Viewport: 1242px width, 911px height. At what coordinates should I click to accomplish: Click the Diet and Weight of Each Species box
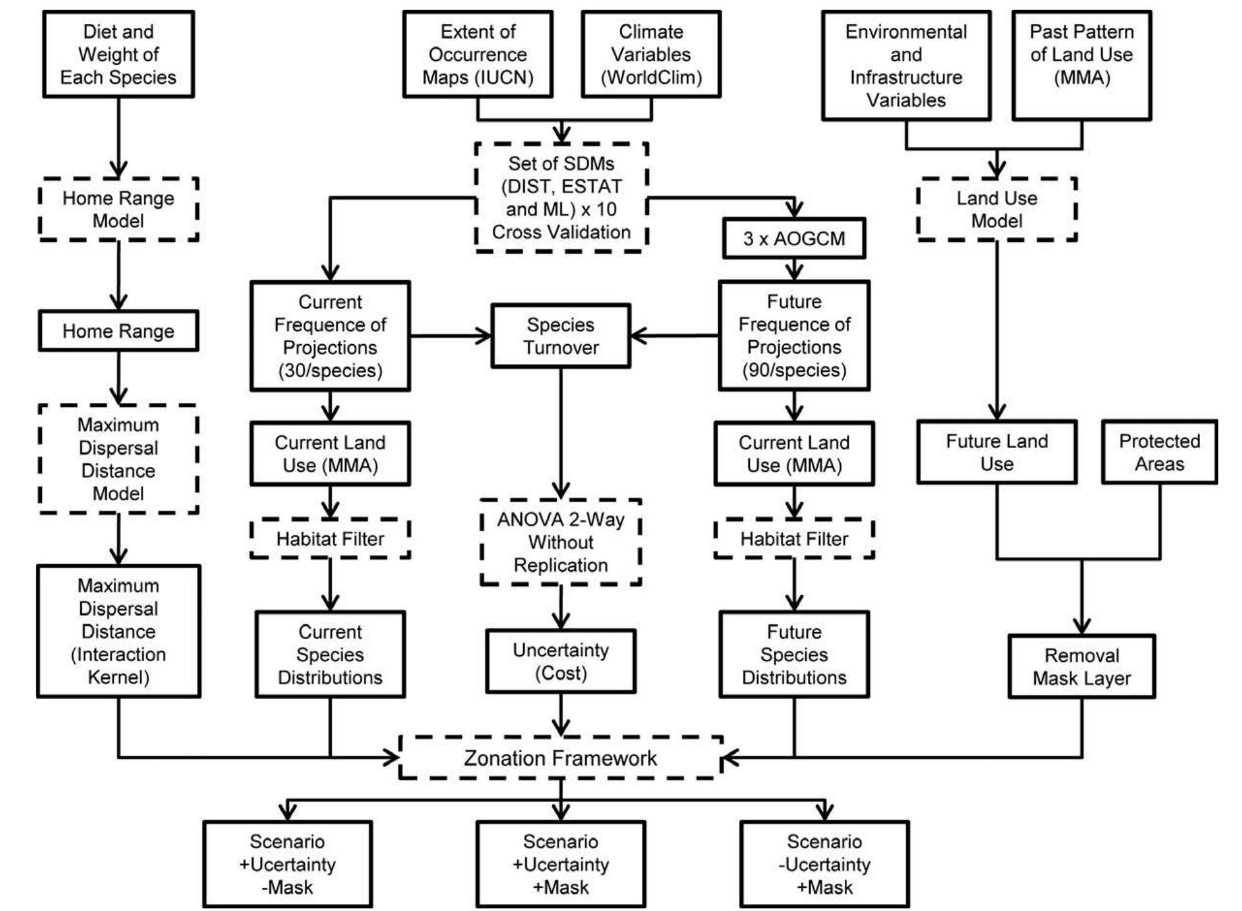click(x=118, y=54)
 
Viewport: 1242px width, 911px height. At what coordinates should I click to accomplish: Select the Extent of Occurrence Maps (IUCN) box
click(x=478, y=54)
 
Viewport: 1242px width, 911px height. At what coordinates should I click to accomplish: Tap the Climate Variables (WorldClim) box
click(x=651, y=54)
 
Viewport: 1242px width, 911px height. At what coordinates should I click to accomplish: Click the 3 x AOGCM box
click(x=794, y=239)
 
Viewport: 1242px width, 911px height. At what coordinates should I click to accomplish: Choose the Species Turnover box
click(x=561, y=336)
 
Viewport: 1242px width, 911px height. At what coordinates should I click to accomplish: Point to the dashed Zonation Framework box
click(x=560, y=757)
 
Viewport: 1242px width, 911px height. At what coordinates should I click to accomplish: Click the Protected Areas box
click(x=1159, y=452)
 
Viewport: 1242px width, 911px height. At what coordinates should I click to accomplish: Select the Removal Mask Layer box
click(x=1082, y=666)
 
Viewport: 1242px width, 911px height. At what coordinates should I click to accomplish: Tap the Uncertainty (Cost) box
click(x=561, y=661)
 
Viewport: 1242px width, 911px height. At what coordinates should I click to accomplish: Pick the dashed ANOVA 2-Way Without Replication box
click(x=561, y=542)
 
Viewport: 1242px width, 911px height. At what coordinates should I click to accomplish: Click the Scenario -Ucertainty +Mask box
click(x=824, y=864)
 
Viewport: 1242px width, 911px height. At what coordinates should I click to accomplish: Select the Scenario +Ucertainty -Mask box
click(x=287, y=864)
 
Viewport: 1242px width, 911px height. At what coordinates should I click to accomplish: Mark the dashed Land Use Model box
click(x=997, y=209)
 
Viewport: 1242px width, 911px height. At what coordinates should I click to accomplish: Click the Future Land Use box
click(x=997, y=452)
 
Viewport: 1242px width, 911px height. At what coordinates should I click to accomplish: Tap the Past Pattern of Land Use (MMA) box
click(x=1081, y=65)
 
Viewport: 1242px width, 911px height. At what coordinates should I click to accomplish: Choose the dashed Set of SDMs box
click(x=561, y=198)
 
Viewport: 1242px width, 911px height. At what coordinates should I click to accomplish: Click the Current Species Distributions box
click(x=330, y=654)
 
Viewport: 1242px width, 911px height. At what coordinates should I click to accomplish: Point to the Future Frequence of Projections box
click(x=794, y=336)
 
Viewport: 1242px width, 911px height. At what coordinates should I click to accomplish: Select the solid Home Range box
click(x=118, y=331)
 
